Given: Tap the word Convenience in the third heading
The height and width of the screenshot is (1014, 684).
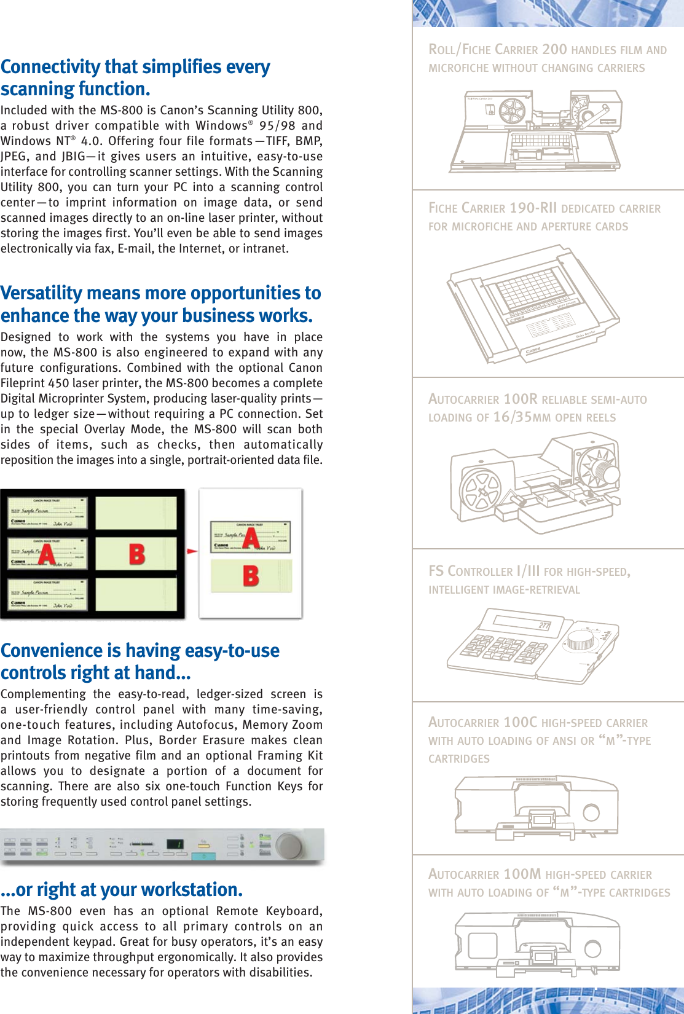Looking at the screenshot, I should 52,651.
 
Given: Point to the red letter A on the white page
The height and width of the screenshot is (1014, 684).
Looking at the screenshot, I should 251,537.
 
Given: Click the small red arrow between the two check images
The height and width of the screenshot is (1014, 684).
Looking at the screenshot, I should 192,551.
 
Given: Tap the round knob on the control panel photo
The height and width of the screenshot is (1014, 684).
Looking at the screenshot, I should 289,846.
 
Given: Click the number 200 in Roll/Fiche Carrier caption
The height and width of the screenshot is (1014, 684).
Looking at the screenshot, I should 554,49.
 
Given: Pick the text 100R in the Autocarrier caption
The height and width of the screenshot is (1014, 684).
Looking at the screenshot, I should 520,399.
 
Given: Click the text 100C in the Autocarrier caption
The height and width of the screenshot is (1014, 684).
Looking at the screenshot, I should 520,722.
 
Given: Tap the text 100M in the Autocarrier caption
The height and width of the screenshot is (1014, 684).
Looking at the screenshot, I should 522,874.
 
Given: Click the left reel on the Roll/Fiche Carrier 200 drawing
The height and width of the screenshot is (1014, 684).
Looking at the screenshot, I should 511,111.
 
